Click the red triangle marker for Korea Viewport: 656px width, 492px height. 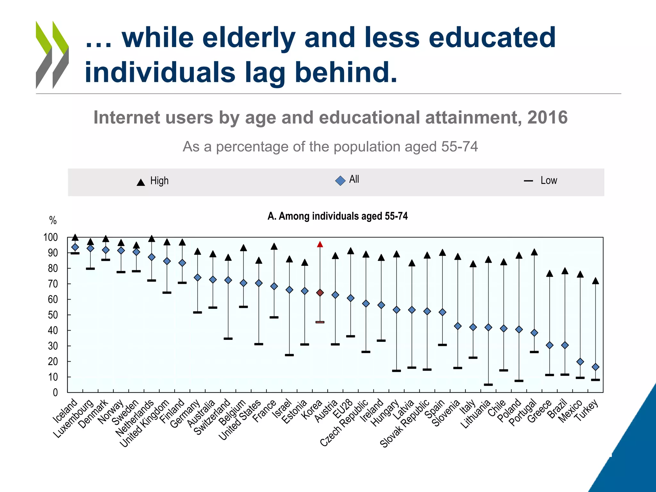point(320,245)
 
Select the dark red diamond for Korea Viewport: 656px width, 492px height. point(320,293)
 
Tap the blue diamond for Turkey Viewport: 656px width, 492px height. point(595,367)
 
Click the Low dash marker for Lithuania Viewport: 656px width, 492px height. point(488,384)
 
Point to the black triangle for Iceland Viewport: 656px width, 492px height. point(75,238)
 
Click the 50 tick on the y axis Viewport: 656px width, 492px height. point(53,315)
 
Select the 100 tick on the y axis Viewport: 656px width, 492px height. point(51,237)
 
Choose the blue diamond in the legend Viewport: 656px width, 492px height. point(340,181)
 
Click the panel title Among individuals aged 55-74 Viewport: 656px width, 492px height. point(338,216)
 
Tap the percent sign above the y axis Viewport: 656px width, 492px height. point(53,220)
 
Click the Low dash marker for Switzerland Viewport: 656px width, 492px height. point(228,339)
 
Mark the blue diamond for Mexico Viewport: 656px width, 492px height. point(580,362)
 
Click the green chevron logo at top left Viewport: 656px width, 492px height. point(52,54)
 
